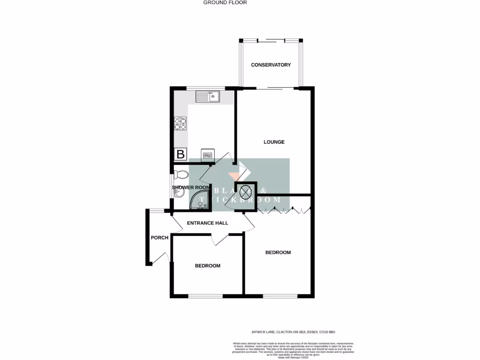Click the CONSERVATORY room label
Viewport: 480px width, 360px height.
[x=271, y=65]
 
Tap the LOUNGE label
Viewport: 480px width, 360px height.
[x=274, y=142]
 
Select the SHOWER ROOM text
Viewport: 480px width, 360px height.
[x=191, y=187]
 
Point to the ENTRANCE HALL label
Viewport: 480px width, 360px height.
[x=207, y=223]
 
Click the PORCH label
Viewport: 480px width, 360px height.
[x=159, y=238]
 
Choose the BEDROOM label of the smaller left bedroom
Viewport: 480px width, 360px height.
[x=208, y=266]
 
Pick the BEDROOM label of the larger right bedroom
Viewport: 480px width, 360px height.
[x=278, y=253]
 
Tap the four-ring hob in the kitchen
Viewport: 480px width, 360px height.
[x=180, y=123]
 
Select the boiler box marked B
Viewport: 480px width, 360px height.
[x=180, y=154]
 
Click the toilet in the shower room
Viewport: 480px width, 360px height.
[x=181, y=175]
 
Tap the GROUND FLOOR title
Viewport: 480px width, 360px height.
[x=225, y=3]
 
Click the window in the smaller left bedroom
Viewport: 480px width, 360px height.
[x=205, y=296]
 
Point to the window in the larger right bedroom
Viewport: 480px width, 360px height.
[x=280, y=296]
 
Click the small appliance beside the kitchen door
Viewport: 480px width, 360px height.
[x=207, y=154]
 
